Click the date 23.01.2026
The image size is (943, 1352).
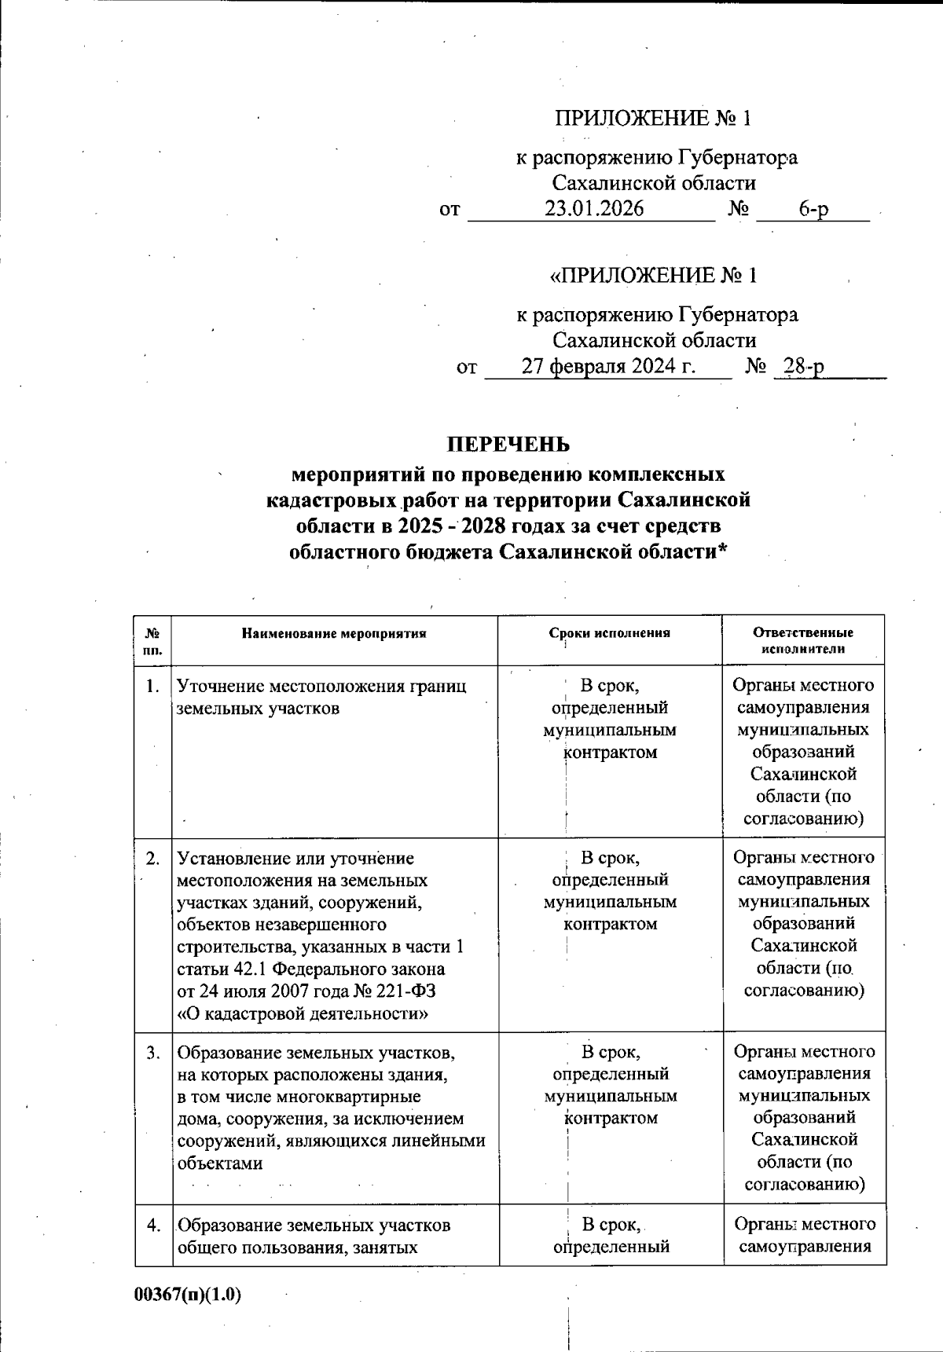pos(594,209)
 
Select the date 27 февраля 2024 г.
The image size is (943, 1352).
pos(609,366)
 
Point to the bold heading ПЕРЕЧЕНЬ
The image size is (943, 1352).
pos(508,445)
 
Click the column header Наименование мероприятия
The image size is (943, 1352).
pos(334,633)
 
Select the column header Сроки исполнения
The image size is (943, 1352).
pos(610,633)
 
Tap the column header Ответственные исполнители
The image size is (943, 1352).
pos(803,640)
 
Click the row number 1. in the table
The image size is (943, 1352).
pos(153,687)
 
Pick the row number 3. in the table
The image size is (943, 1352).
pos(153,1052)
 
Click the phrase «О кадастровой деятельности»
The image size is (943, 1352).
pos(303,1013)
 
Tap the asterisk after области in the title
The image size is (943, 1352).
pos(722,550)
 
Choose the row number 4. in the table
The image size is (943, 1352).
pos(153,1225)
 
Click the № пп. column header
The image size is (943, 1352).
pos(153,640)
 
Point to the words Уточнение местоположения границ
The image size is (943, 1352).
pos(321,687)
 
